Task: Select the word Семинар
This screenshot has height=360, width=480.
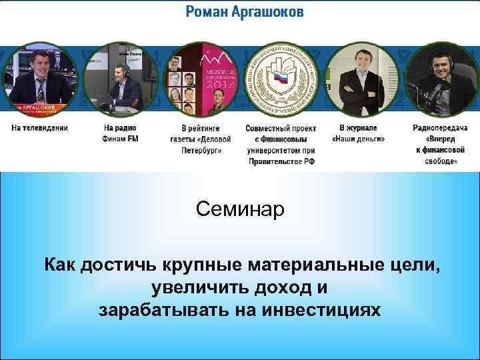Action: point(240,209)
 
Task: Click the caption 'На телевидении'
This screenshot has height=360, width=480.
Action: point(39,127)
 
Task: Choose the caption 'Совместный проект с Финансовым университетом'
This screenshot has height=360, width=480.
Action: point(281,144)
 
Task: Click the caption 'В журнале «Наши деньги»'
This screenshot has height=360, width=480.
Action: point(359,133)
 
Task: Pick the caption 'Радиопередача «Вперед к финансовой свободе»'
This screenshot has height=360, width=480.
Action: point(436,144)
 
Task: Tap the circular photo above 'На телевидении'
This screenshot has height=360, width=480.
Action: point(39,80)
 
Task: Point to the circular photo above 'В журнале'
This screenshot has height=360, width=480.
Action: point(360,80)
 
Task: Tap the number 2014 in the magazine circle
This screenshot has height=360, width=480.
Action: point(220,84)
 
